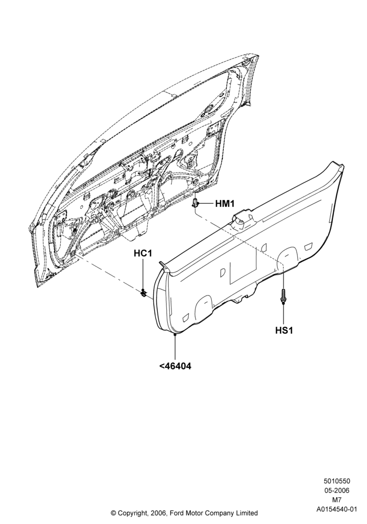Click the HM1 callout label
tap(224, 203)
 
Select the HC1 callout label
tap(143, 253)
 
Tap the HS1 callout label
tap(284, 331)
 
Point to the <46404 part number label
tap(175, 366)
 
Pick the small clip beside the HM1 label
tap(196, 202)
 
